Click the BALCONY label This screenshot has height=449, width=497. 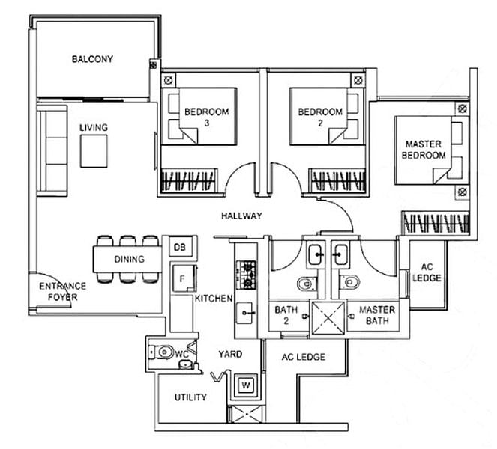coord(92,59)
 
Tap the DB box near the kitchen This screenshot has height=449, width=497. coord(180,247)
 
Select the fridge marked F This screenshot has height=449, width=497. coord(184,278)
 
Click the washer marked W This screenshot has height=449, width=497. coord(246,385)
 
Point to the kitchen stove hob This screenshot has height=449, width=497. coord(246,275)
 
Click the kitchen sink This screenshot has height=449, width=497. coord(244,313)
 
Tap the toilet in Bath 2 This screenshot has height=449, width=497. coord(307,284)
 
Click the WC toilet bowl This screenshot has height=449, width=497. coord(162,352)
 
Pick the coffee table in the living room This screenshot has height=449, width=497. coord(94,151)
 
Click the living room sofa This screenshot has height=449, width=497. coord(52,151)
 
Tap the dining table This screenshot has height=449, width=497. coord(127,260)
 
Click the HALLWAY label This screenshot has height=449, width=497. coord(241,216)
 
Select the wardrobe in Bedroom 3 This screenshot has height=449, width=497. coord(189,180)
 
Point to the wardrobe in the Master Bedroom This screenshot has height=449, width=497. coord(436,222)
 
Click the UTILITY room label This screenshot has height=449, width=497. coord(190,397)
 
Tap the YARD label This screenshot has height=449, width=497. coord(230,354)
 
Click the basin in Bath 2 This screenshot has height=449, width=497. coord(316,254)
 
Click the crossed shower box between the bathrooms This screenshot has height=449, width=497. coord(328,318)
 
